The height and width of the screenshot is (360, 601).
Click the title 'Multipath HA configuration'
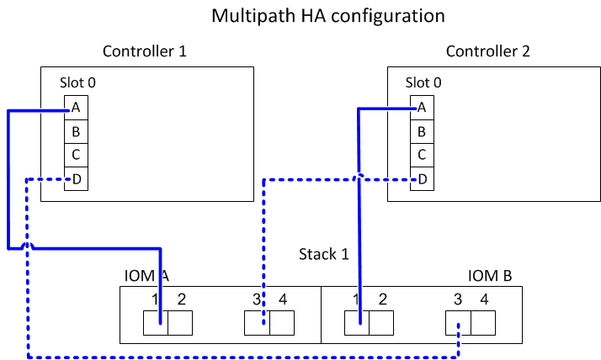pos(327,15)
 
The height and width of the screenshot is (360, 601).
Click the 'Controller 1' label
pos(144,51)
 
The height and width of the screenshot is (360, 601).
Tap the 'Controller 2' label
pos(488,51)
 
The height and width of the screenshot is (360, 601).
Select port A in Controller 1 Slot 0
pos(76,108)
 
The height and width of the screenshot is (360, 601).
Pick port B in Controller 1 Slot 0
pos(76,131)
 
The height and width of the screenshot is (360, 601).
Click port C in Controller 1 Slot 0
pos(76,155)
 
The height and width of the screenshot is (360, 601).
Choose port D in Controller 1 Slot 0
pos(76,178)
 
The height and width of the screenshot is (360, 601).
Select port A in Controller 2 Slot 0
pos(421,108)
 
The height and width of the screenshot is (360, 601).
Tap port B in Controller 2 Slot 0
pos(421,131)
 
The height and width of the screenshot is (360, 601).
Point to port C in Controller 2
pos(421,155)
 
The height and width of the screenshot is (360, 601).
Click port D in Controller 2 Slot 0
pos(421,178)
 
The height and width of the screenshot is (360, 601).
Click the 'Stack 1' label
pos(324,253)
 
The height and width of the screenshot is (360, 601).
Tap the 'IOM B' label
pos(490,275)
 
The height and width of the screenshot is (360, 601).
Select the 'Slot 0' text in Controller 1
pos(77,82)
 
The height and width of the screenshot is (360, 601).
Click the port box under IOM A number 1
pos(156,322)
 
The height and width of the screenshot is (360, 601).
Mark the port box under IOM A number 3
pos(257,322)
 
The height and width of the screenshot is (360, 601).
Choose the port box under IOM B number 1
pos(358,322)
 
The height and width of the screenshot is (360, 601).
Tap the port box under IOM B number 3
pos(459,322)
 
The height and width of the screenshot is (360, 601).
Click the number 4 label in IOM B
pos(483,298)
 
